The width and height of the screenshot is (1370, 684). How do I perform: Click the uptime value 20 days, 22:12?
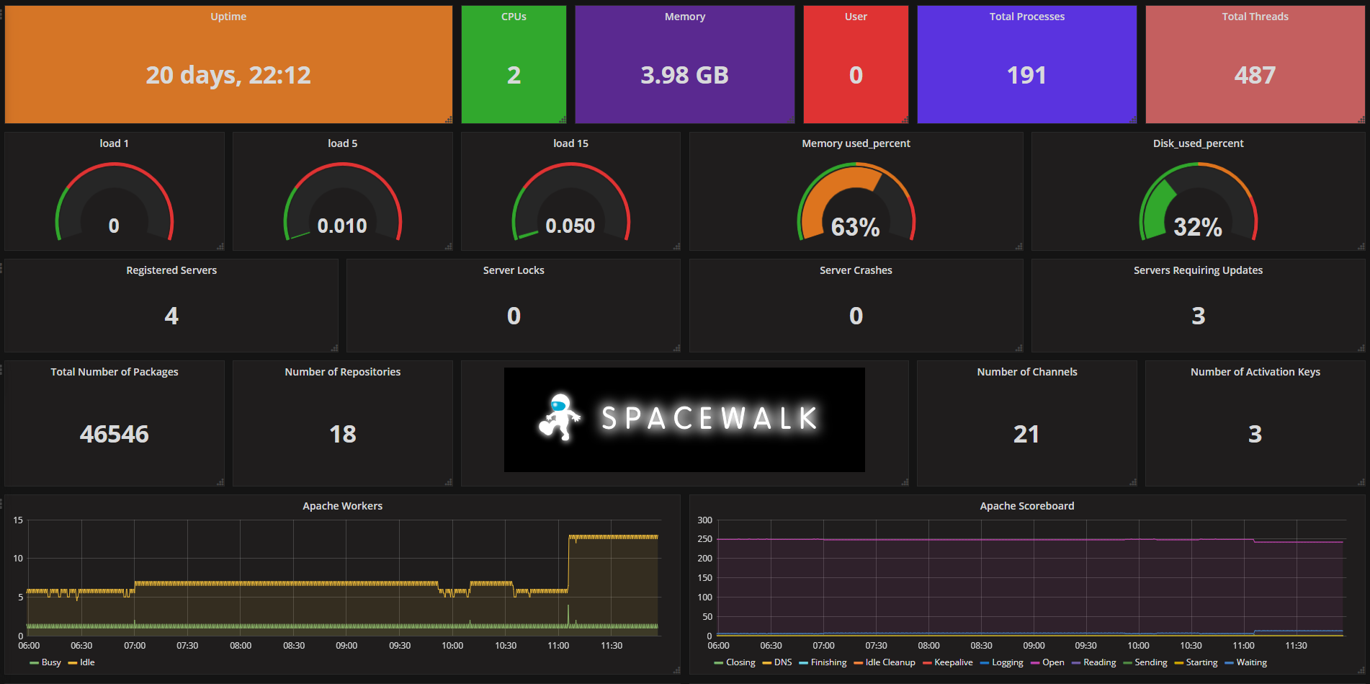[x=228, y=75]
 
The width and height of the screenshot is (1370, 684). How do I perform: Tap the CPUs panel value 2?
[x=514, y=75]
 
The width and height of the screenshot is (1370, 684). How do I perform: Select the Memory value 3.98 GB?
[x=684, y=75]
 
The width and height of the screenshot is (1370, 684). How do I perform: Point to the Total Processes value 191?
[x=1026, y=75]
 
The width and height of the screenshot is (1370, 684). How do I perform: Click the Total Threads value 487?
[x=1255, y=75]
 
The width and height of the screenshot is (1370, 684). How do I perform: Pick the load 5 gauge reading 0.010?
[x=342, y=226]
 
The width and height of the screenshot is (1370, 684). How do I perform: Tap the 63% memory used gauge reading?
[x=856, y=227]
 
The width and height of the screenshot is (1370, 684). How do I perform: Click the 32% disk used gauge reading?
[x=1198, y=227]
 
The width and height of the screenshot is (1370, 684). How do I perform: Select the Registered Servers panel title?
[x=171, y=270]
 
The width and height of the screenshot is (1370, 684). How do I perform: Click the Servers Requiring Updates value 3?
[x=1198, y=316]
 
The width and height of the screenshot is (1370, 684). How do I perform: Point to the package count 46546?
[x=115, y=434]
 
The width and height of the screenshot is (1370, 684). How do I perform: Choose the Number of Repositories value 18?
[x=343, y=434]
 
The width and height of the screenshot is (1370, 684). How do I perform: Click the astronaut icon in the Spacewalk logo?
[x=560, y=417]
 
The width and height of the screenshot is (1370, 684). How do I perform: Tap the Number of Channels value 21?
[x=1026, y=434]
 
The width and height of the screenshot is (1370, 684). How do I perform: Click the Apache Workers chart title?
[x=342, y=506]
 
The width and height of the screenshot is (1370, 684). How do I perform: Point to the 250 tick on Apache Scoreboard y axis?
[x=704, y=539]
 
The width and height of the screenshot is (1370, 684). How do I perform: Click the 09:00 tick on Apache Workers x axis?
[x=346, y=646]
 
